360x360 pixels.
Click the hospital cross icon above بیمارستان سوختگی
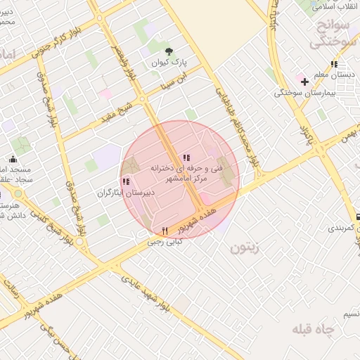click(304, 82)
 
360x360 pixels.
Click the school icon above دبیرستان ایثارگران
click(125, 181)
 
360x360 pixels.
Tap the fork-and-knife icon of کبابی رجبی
click(165, 231)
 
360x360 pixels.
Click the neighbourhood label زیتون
click(245, 247)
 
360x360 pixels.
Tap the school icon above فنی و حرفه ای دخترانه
click(186, 158)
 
